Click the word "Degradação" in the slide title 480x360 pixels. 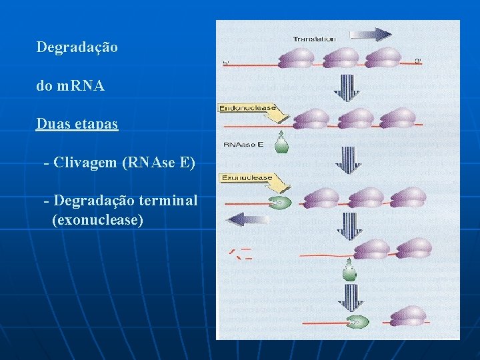[77, 48]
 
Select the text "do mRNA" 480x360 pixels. [70, 86]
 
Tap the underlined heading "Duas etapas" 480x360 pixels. [77, 124]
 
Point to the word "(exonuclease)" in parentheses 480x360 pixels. [97, 219]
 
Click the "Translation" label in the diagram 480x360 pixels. [314, 39]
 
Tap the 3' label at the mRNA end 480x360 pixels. [418, 62]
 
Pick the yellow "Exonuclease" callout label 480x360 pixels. [248, 178]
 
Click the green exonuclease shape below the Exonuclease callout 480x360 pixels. [279, 202]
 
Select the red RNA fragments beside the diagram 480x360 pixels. [239, 253]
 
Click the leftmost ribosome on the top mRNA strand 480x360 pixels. [294, 58]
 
